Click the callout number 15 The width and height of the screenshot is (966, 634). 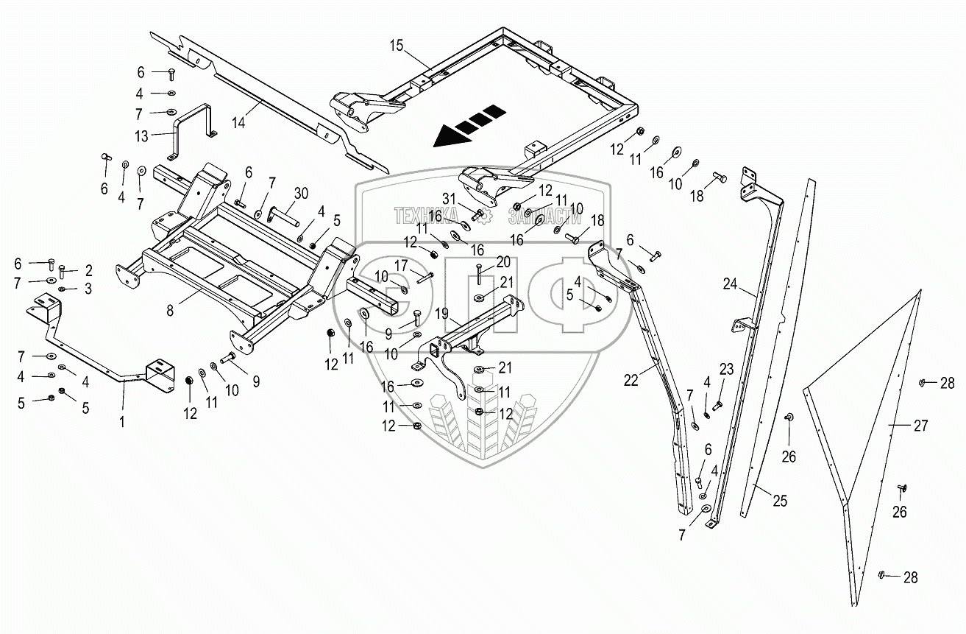coord(397,46)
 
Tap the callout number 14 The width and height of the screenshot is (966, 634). coord(238,122)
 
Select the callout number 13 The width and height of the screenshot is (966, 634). coord(141,136)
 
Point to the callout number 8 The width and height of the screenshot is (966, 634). coord(170,310)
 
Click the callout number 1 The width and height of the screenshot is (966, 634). coord(122,422)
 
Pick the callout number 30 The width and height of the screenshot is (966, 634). coord(301,194)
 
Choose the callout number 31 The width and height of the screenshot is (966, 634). coord(449,199)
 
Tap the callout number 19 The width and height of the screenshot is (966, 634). coord(441,314)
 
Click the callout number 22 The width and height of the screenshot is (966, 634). coord(631,381)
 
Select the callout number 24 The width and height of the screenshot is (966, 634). coord(730,284)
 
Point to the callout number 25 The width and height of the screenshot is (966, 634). coord(780,501)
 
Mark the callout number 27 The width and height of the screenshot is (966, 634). coord(920,426)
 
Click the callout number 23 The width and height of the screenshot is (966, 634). coord(727,369)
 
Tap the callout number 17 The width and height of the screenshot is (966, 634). coord(401,265)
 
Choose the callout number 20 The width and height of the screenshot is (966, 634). coord(503,261)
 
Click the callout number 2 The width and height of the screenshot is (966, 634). coord(89,270)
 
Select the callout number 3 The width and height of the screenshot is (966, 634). coord(88,289)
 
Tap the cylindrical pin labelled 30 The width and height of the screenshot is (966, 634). coord(283,216)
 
